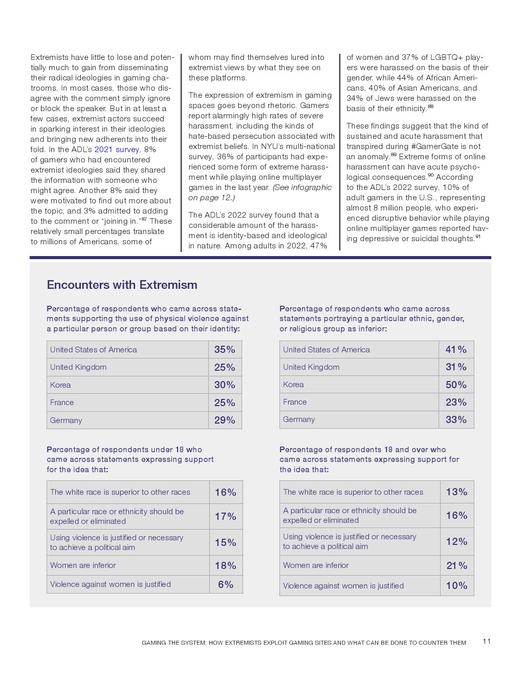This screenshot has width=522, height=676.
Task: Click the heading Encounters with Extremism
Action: [122, 285]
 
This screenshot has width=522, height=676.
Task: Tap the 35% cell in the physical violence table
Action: [225, 350]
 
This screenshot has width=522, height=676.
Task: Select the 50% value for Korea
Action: [456, 385]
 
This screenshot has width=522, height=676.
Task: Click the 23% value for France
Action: [456, 402]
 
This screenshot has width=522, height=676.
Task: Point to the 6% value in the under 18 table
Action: [226, 584]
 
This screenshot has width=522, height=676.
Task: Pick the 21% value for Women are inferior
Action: [456, 565]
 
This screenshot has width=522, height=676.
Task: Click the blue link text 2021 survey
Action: [117, 150]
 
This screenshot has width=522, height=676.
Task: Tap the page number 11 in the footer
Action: [487, 641]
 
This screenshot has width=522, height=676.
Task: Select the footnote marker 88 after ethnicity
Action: [430, 107]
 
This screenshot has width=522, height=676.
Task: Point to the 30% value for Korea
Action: [225, 385]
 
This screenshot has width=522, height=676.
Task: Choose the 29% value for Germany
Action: [225, 420]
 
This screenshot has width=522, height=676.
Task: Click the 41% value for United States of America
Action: [456, 350]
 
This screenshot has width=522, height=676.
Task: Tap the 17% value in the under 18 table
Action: [226, 516]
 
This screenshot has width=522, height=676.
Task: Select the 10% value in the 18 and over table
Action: [456, 585]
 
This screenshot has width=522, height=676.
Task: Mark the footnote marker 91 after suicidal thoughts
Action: [478, 237]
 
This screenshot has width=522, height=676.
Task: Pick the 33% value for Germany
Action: [456, 419]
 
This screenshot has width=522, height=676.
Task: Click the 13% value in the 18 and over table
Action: [456, 492]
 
